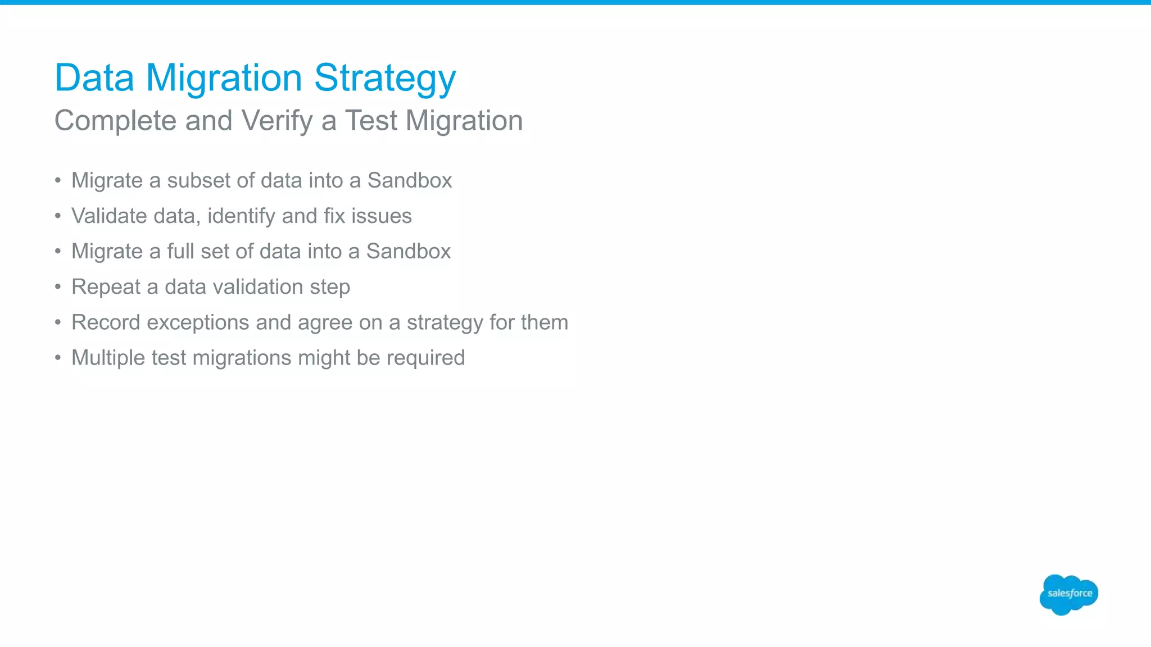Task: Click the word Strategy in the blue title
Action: click(x=385, y=79)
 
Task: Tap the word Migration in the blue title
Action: click(x=224, y=79)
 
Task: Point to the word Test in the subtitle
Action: click(x=371, y=121)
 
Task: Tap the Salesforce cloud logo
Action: click(x=1068, y=594)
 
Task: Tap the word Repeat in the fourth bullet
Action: click(x=106, y=287)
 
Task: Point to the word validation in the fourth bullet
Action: click(x=258, y=286)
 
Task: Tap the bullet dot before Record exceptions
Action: click(x=58, y=322)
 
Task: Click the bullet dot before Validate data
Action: click(x=58, y=216)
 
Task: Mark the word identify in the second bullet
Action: click(x=242, y=216)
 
